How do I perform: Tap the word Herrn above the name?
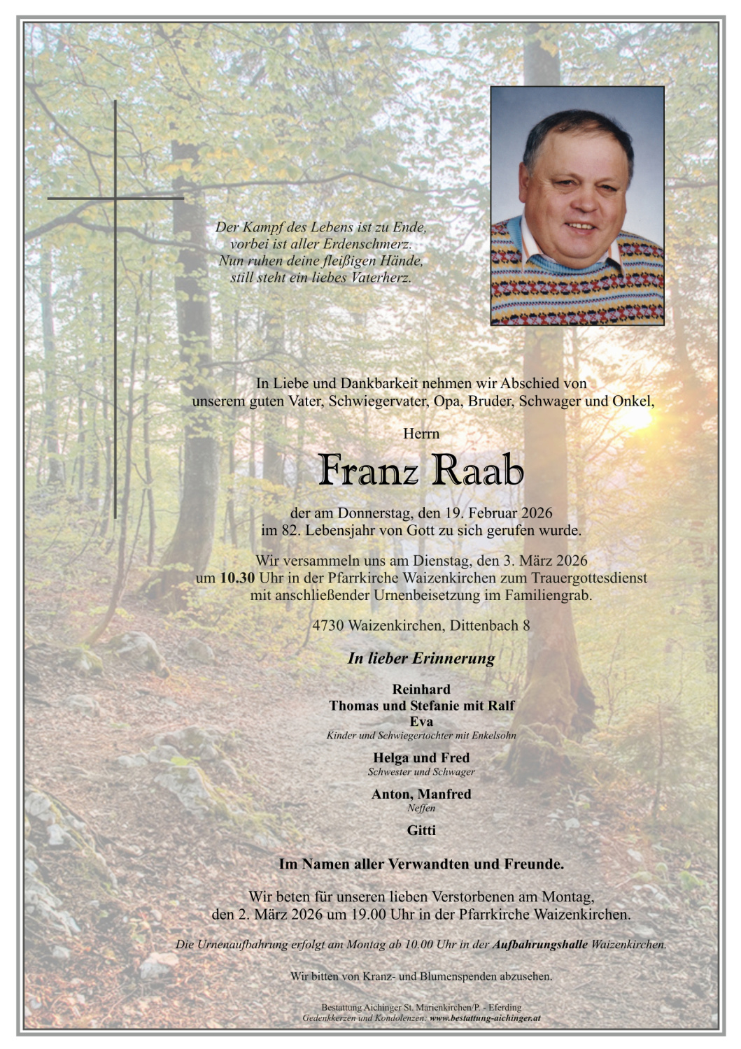coord(421,434)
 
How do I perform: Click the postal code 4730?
coord(327,625)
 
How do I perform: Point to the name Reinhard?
coord(421,690)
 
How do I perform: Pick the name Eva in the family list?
coord(421,722)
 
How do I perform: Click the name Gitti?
coord(421,830)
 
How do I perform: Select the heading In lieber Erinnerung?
coord(421,658)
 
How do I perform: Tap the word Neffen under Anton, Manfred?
coord(421,808)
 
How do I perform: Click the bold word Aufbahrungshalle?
coord(540,945)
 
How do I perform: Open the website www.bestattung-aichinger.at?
coord(484,1018)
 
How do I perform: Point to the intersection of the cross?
coord(115,199)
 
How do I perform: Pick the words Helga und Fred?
coord(421,758)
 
